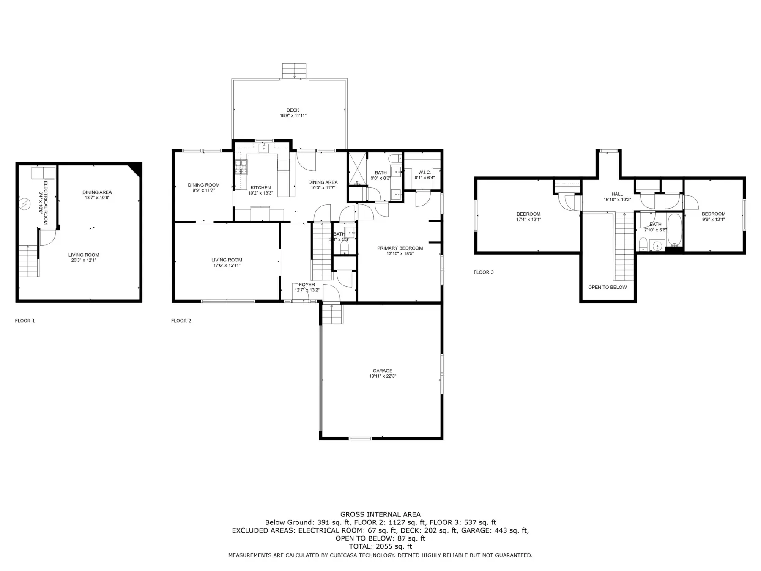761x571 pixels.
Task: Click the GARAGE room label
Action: [382, 371]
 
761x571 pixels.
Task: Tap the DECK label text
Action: [293, 110]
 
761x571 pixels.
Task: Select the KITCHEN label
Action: [260, 188]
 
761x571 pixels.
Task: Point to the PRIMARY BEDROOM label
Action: [400, 248]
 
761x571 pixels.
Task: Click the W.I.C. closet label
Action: [424, 173]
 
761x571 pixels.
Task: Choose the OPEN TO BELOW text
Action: [608, 288]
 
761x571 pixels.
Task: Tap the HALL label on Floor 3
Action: [617, 195]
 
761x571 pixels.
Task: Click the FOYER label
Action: [307, 285]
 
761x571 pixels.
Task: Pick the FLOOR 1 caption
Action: [25, 321]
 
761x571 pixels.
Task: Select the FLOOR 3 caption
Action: [484, 272]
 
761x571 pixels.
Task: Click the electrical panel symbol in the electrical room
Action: [25, 204]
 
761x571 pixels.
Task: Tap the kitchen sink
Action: [263, 148]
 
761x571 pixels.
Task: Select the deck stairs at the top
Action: [294, 71]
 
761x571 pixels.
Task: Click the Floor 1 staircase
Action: [28, 261]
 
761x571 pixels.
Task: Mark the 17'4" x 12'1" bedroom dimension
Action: [528, 220]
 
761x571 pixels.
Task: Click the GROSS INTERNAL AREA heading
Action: [380, 515]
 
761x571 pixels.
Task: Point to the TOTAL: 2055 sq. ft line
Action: [380, 546]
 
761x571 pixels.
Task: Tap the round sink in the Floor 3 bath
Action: [657, 246]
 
